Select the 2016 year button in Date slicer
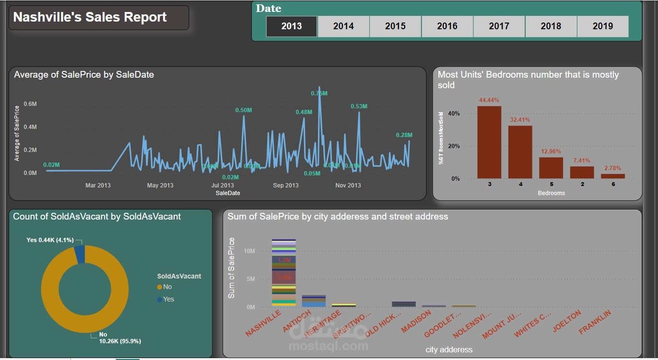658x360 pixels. point(447,26)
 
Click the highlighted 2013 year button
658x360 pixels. point(292,26)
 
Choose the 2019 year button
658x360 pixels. point(602,26)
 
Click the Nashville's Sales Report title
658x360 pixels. point(90,17)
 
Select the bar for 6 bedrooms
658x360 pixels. point(613,176)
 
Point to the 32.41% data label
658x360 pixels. point(520,120)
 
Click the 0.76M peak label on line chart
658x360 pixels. point(319,93)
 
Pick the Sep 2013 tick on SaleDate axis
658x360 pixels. point(285,186)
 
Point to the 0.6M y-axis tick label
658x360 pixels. point(30,104)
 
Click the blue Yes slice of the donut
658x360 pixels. point(80,254)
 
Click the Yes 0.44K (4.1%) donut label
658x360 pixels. point(50,240)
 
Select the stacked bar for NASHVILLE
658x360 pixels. point(283,273)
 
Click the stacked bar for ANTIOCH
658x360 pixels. point(314,301)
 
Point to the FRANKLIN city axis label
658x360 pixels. point(595,323)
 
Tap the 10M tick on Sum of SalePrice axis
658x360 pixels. point(249,251)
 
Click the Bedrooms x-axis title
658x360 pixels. point(551,193)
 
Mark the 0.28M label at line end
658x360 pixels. point(404,135)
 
